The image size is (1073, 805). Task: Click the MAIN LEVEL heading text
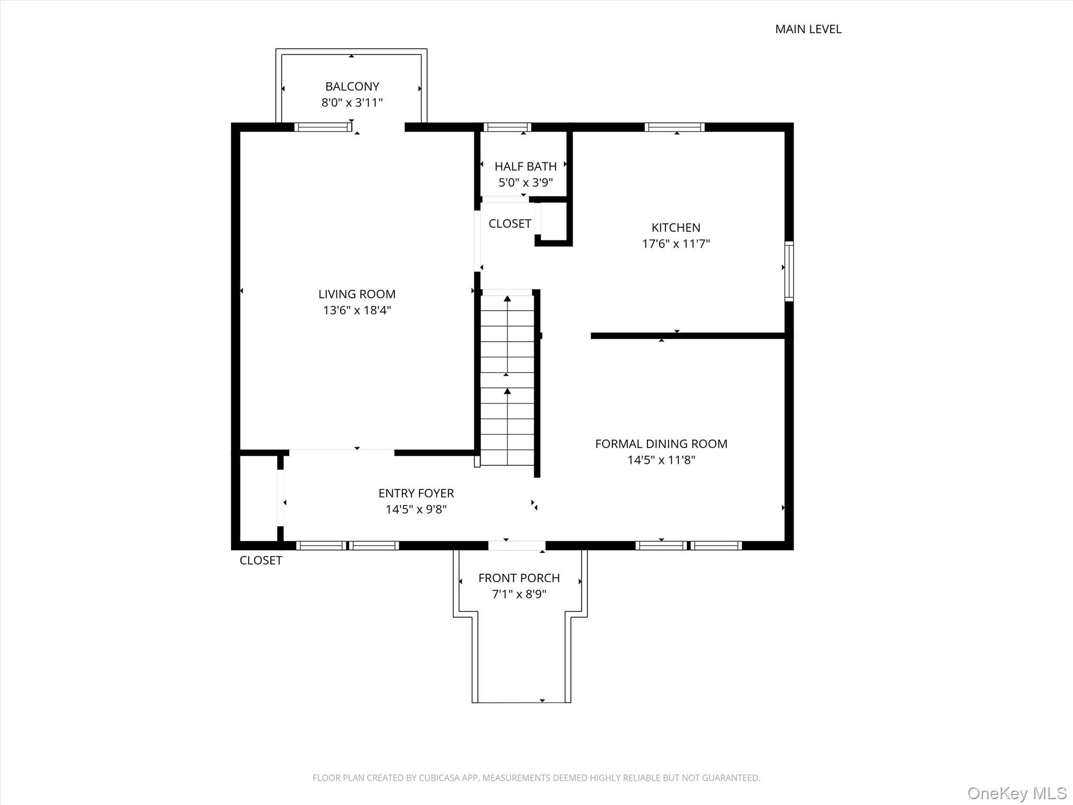pos(808,29)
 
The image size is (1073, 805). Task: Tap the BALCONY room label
pos(352,86)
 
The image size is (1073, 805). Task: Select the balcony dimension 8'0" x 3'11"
pos(352,103)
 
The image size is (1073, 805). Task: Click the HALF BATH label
pos(525,167)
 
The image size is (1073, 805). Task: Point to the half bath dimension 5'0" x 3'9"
pos(525,183)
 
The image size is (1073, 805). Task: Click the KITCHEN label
pos(676,227)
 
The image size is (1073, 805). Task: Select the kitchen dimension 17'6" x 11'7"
pos(676,244)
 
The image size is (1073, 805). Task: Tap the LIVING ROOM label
pos(357,294)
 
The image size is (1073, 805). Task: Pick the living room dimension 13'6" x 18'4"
pos(357,310)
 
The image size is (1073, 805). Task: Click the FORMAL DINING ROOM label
pos(661,444)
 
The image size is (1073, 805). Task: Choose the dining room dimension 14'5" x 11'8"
pos(661,460)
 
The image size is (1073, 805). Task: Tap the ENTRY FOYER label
pos(416,493)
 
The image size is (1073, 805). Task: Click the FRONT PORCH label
pos(519,578)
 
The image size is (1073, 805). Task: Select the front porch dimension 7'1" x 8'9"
pos(519,594)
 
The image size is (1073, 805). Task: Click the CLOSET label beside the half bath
pos(510,224)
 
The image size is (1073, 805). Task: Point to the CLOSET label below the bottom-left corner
pos(260,561)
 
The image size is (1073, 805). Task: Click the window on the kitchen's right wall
pos(789,271)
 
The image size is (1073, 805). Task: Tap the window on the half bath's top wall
pos(507,127)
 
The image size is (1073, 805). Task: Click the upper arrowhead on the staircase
pos(507,299)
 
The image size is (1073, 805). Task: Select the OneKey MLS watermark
pos(1016,793)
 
